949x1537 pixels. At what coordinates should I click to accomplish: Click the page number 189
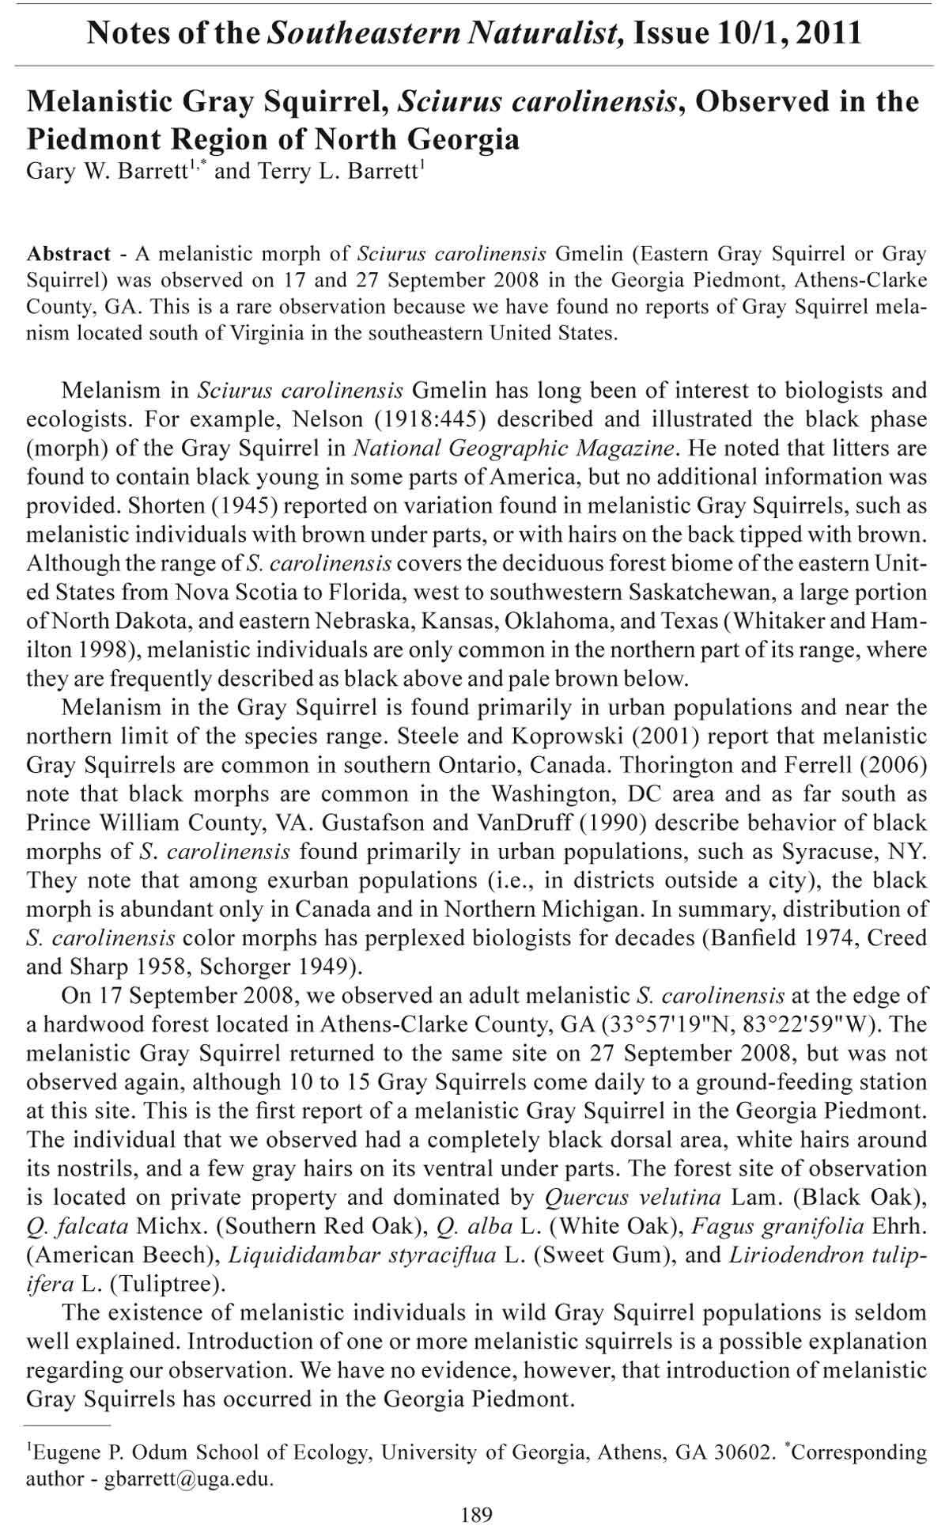tap(475, 1514)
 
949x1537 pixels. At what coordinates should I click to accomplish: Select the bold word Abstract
tap(69, 254)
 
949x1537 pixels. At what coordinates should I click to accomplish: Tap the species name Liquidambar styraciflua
tap(362, 1255)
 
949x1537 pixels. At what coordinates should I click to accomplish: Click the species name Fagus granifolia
tap(778, 1226)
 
